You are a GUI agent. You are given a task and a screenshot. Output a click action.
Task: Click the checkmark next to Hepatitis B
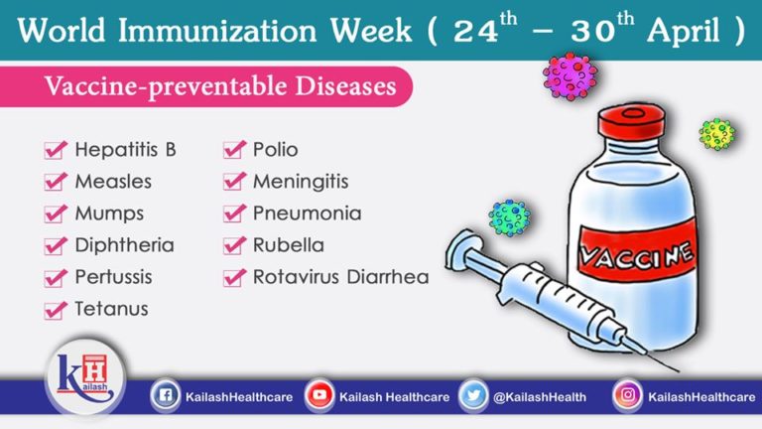[x=56, y=151]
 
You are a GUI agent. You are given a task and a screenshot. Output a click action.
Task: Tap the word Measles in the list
[x=113, y=182]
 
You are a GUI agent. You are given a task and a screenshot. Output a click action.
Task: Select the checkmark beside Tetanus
[x=56, y=309]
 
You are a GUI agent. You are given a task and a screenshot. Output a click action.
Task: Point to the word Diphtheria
[x=124, y=245]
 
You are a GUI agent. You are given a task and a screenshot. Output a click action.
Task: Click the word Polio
[x=275, y=150]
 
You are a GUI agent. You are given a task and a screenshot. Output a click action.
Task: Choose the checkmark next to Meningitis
[x=234, y=182]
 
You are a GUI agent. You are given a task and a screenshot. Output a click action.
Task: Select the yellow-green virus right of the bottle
[x=716, y=132]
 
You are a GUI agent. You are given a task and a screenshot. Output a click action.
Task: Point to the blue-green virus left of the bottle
[x=509, y=216]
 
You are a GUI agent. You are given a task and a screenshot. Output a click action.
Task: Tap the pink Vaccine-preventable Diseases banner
[x=219, y=86]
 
